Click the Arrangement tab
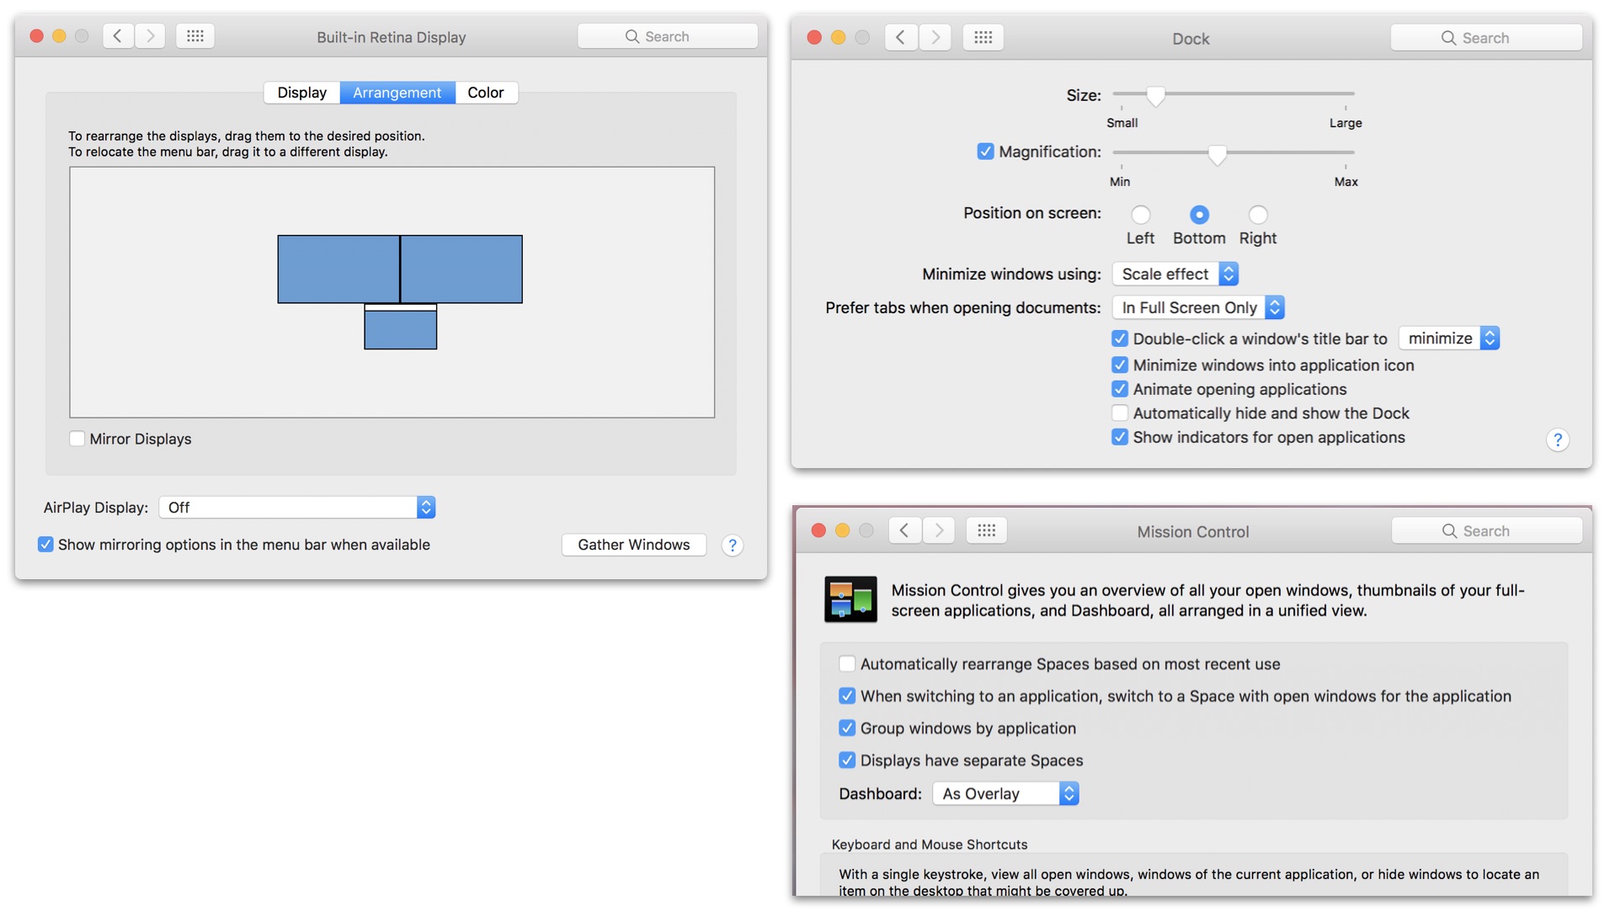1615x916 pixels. [x=397, y=93]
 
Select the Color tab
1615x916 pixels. [x=486, y=93]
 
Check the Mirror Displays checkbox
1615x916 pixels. [x=77, y=439]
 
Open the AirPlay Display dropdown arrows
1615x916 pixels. [x=426, y=507]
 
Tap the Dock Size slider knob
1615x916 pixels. [x=1156, y=96]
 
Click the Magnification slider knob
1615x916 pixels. [x=1217, y=155]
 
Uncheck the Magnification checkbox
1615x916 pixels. [x=985, y=152]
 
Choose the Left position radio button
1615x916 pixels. [x=1140, y=215]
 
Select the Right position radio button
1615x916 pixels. [x=1258, y=215]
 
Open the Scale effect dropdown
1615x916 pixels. [x=1175, y=274]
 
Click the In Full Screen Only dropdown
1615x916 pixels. [x=1198, y=307]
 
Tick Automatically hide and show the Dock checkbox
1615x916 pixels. [x=1120, y=413]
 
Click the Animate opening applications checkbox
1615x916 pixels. [x=1120, y=389]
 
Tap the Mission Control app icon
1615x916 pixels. [x=850, y=599]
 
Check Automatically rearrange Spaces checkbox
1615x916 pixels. [x=847, y=664]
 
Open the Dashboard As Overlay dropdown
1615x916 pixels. [x=1005, y=794]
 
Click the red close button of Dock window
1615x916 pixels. [x=814, y=37]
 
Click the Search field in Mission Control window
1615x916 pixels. [x=1487, y=531]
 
